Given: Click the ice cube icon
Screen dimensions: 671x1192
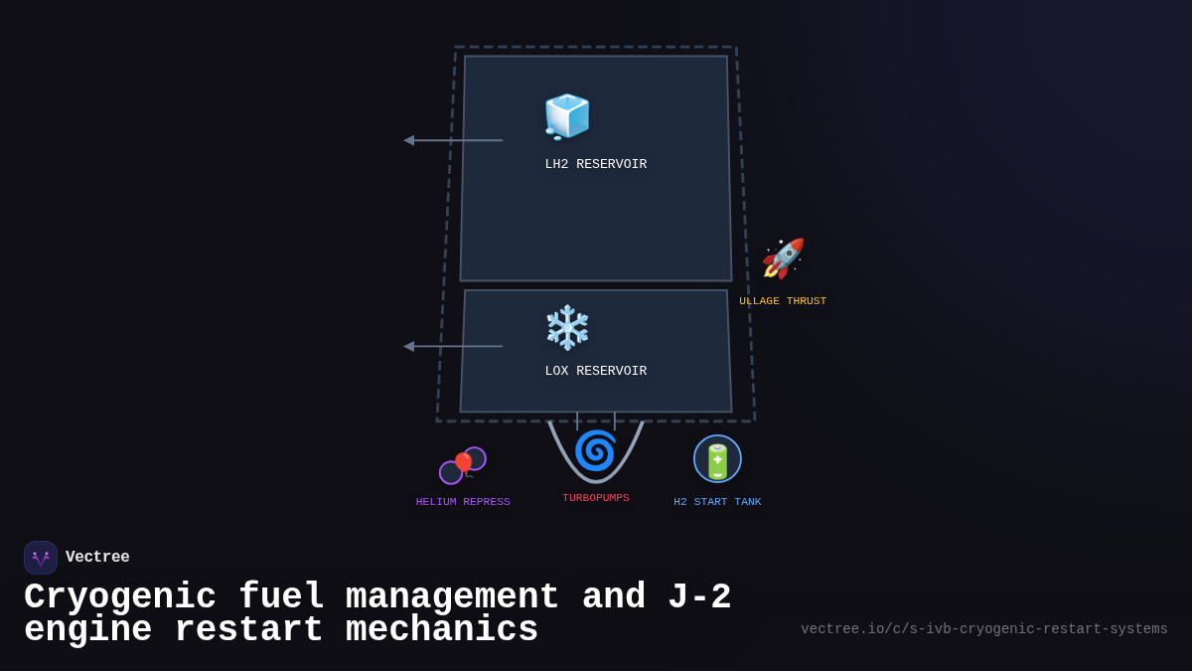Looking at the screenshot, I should click(x=567, y=116).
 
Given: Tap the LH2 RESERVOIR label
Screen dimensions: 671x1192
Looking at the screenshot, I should click(x=595, y=164).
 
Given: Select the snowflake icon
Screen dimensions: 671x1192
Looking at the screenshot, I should click(x=567, y=327).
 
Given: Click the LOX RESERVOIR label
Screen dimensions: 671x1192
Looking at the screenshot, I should click(x=595, y=371).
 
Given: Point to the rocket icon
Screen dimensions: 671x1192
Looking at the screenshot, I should click(x=783, y=258).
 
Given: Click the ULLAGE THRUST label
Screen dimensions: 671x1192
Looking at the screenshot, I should click(x=783, y=301).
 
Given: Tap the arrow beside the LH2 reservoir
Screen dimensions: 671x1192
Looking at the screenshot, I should click(x=452, y=140).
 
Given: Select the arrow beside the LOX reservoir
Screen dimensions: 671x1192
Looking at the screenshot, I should click(x=452, y=346).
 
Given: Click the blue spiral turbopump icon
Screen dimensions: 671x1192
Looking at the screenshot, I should click(x=595, y=450).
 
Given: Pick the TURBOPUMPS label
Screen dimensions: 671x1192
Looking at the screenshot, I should click(x=595, y=498).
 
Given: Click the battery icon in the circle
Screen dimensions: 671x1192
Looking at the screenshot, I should click(x=717, y=460).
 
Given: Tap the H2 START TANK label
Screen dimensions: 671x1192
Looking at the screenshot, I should click(x=717, y=502).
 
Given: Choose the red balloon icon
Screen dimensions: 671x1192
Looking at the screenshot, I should click(x=463, y=464).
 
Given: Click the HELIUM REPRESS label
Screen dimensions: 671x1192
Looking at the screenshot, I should click(x=463, y=502).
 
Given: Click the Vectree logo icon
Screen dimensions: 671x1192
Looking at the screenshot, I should click(x=41, y=558).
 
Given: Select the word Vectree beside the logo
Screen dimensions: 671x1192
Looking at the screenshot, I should click(x=97, y=558).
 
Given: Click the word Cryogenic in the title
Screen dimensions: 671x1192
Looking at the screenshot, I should click(x=120, y=597).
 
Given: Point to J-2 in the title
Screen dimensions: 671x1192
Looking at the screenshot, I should click(x=698, y=597).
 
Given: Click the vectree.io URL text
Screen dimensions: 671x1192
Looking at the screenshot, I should click(x=983, y=629).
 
